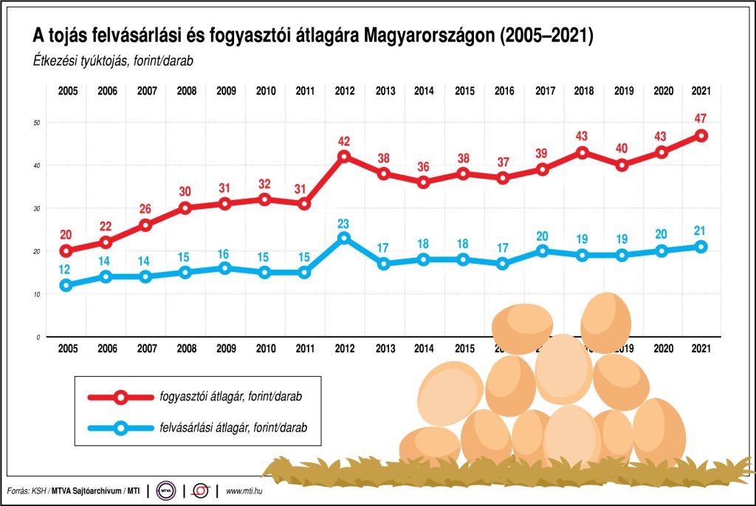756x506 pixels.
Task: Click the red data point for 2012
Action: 344,157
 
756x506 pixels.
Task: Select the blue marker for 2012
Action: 344,238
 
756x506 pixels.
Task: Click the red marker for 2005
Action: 66,250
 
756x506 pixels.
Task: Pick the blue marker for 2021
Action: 701,247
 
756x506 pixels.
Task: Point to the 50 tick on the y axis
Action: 37,122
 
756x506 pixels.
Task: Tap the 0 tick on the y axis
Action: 38,337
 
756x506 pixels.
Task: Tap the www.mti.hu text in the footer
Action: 246,490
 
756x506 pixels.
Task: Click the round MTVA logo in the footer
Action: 167,490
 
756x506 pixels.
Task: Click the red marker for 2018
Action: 583,152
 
